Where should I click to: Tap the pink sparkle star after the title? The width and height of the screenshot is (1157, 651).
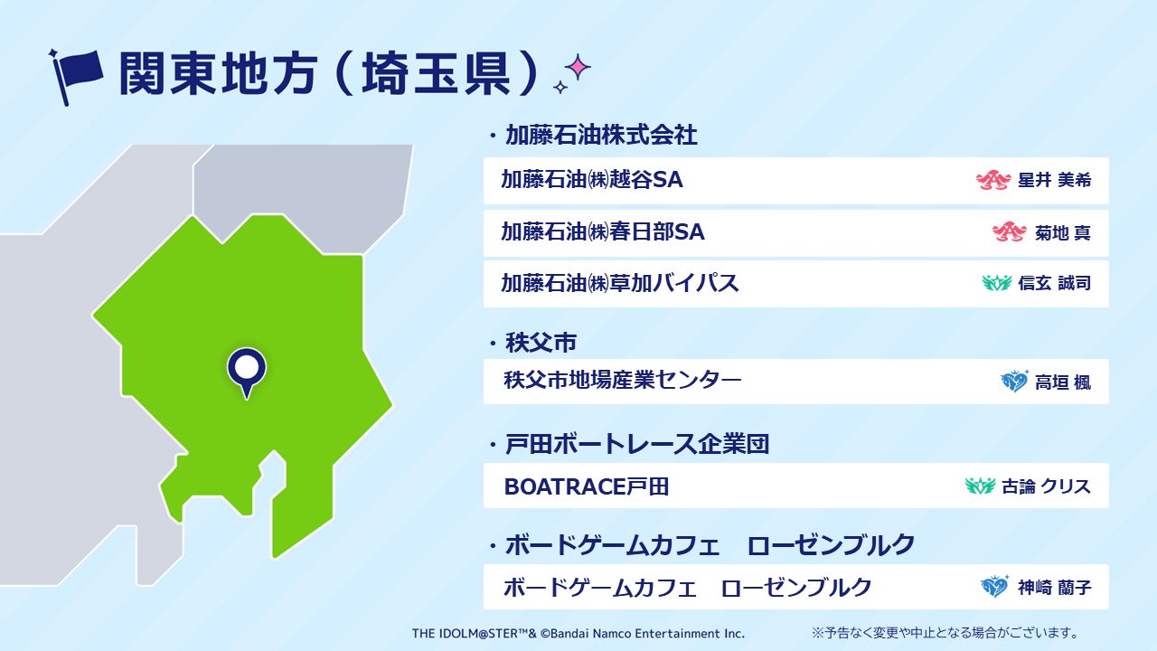click(578, 67)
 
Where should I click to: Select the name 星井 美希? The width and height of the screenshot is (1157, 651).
click(1054, 180)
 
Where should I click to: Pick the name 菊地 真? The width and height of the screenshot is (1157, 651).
click(1062, 233)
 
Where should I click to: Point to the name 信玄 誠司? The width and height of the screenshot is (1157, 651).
click(1054, 283)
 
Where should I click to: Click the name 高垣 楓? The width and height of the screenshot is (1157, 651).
click(1062, 382)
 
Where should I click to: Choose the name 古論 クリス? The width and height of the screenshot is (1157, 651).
click(1046, 486)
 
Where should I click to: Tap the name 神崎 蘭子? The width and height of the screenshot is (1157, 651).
click(1054, 588)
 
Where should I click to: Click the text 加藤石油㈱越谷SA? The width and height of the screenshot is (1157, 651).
click(592, 180)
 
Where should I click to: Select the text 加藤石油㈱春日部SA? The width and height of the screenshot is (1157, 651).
click(603, 232)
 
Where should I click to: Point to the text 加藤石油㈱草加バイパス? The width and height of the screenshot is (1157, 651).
click(620, 283)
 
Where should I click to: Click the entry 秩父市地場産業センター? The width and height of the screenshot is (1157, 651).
click(623, 381)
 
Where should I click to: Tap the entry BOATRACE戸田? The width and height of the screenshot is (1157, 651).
click(587, 486)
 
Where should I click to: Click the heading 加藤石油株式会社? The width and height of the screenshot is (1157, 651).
click(601, 136)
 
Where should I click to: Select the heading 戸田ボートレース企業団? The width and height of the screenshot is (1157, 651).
click(637, 444)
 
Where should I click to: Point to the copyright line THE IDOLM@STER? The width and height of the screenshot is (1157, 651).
click(578, 634)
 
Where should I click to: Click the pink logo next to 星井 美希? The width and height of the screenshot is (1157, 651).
click(993, 180)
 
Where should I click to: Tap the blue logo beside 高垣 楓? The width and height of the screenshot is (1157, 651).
click(1014, 382)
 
